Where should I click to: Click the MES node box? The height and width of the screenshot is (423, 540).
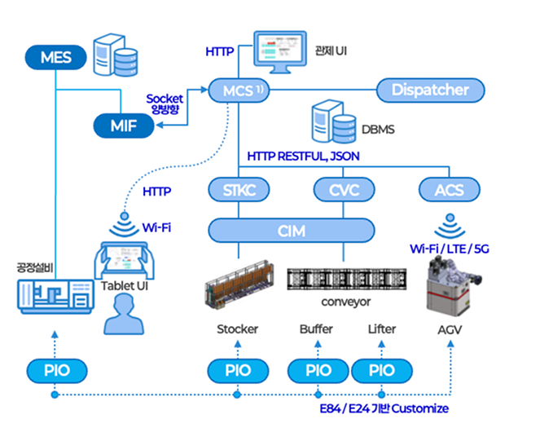(55, 57)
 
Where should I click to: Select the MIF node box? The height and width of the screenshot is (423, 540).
(124, 126)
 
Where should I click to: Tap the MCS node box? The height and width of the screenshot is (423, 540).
(237, 90)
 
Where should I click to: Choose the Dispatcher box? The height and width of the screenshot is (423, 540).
(430, 90)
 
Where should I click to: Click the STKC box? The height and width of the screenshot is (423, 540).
(239, 191)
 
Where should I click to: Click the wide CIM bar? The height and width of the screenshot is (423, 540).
(291, 231)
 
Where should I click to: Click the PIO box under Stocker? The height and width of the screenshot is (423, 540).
(237, 370)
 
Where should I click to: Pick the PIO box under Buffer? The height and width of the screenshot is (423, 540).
(318, 370)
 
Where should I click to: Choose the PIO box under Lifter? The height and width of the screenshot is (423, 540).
(381, 370)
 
